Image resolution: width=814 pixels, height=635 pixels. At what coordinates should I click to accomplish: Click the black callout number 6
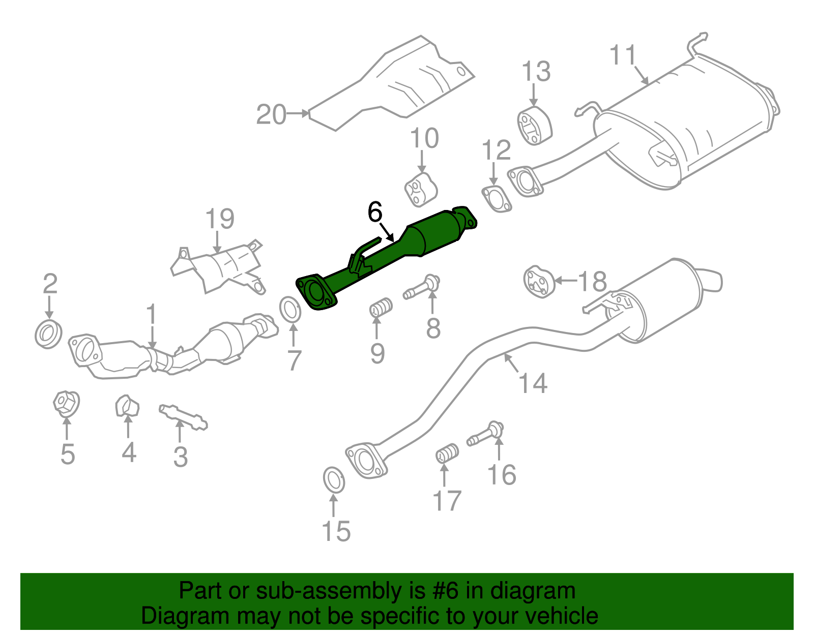pos(375,213)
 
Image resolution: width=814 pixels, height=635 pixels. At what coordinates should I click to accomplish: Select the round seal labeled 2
pos(49,334)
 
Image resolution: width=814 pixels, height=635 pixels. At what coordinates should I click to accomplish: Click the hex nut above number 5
pos(66,403)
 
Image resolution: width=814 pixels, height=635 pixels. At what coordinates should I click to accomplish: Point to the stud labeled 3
pos(183,417)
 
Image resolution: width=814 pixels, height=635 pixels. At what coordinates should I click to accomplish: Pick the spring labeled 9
pos(381,308)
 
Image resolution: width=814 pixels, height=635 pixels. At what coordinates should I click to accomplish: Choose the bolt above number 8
pos(422,287)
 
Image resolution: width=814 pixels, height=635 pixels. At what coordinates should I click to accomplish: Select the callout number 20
pos(271,114)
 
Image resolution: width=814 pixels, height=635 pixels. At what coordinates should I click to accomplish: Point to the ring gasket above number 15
pos(334,480)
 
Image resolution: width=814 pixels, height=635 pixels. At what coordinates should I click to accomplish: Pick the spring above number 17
pos(447,453)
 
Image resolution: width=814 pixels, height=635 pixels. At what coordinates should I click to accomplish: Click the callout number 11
pos(623,54)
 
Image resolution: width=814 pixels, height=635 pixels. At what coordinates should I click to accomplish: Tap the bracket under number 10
pos(421,190)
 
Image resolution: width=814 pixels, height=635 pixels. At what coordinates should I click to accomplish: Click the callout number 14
pos(533,383)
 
